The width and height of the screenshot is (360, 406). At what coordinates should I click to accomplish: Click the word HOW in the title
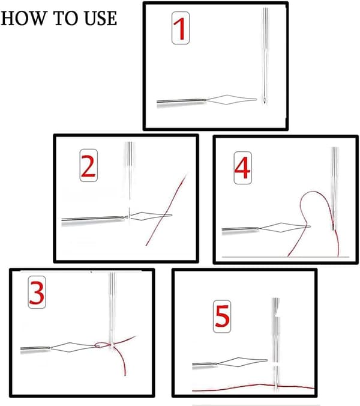(23, 19)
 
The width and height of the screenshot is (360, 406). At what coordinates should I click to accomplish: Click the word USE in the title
(101, 19)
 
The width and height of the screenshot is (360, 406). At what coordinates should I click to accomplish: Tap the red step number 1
(180, 28)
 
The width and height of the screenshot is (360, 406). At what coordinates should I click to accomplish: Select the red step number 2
(88, 166)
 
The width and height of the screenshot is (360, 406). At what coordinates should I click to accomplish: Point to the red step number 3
(37, 292)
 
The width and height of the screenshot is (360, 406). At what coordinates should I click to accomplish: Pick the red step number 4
(242, 168)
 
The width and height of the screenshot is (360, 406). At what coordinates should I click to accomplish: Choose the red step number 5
(222, 316)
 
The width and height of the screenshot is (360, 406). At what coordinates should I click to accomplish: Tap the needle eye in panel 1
(265, 99)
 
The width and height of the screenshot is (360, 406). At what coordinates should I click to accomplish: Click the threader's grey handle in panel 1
(181, 101)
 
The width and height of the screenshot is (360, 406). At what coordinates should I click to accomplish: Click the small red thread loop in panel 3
(101, 344)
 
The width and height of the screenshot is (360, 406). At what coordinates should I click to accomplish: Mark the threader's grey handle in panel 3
(35, 348)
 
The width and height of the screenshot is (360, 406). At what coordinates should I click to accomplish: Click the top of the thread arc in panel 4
(313, 192)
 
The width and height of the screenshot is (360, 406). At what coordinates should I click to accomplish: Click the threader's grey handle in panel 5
(205, 364)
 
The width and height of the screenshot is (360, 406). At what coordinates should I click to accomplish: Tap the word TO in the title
(65, 19)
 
